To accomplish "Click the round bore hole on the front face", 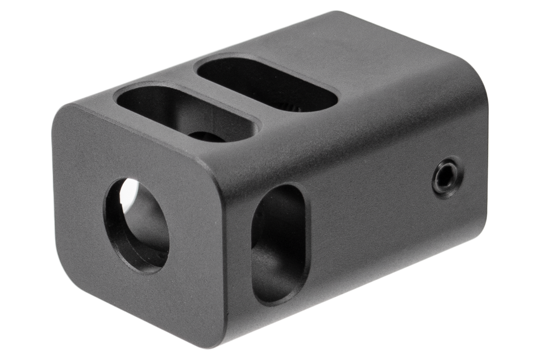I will [136, 225].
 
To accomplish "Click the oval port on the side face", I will [281, 243].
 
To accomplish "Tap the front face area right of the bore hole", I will [193, 239].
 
